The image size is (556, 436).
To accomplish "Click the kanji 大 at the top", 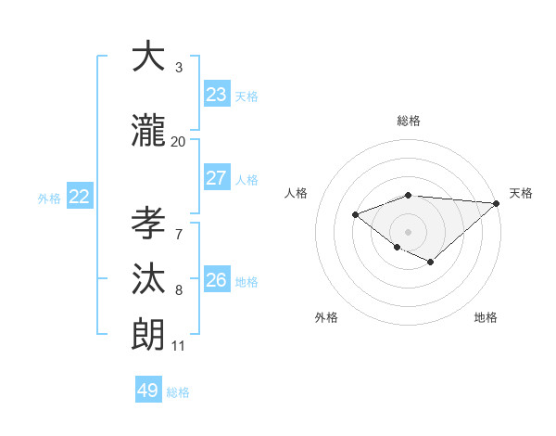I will click(x=149, y=58).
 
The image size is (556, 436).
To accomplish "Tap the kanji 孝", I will click(x=149, y=224).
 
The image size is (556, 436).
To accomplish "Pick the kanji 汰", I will click(x=149, y=281).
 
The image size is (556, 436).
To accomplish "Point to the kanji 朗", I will click(x=149, y=335).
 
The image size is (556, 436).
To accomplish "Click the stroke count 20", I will click(x=178, y=142).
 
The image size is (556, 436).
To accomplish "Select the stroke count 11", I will click(x=178, y=346).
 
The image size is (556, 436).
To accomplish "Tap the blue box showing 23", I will click(x=217, y=95).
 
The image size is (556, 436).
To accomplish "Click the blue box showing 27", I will click(x=217, y=178).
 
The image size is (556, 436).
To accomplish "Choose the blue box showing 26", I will click(x=217, y=280).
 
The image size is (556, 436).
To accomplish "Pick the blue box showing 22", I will click(x=80, y=197).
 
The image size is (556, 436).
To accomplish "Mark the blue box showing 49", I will click(x=148, y=391).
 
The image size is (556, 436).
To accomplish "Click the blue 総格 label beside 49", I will click(x=178, y=392).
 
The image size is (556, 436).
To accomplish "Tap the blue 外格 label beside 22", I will click(x=49, y=198).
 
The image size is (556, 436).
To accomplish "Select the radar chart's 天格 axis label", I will click(x=521, y=193).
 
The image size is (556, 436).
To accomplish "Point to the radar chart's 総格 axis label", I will click(x=409, y=121).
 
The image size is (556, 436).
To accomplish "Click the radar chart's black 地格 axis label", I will click(x=486, y=317).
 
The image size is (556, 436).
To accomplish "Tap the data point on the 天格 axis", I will click(x=497, y=203).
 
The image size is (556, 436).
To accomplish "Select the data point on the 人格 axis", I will click(x=355, y=214).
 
